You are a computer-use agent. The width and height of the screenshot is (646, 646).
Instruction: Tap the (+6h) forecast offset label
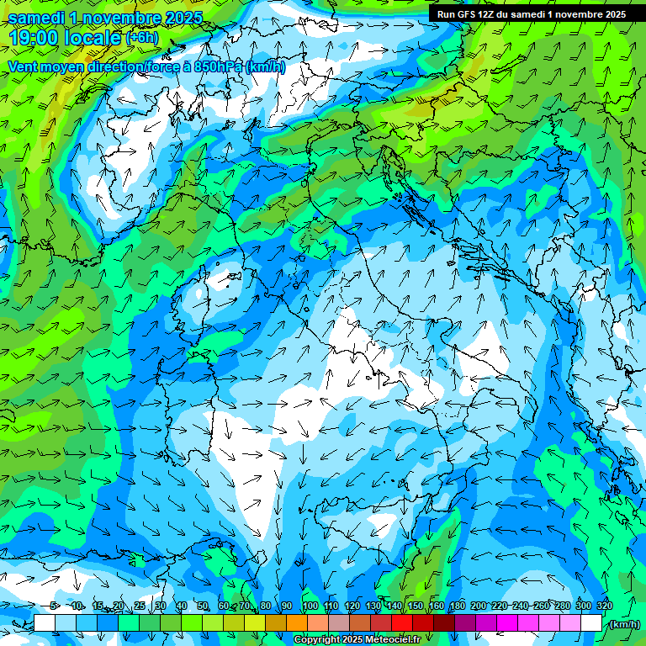coord(142,38)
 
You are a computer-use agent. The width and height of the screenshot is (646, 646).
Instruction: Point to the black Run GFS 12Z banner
coord(531,13)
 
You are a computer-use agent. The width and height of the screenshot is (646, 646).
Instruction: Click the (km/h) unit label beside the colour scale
coord(624,624)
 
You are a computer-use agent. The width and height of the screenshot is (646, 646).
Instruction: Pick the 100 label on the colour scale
coord(310,606)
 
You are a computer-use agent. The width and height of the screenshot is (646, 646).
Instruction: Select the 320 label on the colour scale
coord(605,606)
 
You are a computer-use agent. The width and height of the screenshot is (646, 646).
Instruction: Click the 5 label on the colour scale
coord(54,606)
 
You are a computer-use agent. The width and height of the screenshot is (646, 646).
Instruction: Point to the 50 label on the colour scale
coord(203,606)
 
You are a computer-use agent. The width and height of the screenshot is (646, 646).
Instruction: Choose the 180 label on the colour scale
coord(457,606)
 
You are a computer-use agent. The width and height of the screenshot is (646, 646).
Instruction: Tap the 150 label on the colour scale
coord(416,606)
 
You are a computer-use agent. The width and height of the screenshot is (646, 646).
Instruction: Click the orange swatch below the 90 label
coord(297,623)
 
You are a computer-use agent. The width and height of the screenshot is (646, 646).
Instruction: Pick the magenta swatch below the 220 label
coord(507,623)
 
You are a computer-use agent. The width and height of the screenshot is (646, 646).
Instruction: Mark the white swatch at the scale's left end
coord(45,623)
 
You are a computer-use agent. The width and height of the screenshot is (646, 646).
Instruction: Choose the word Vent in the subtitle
coord(23,66)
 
